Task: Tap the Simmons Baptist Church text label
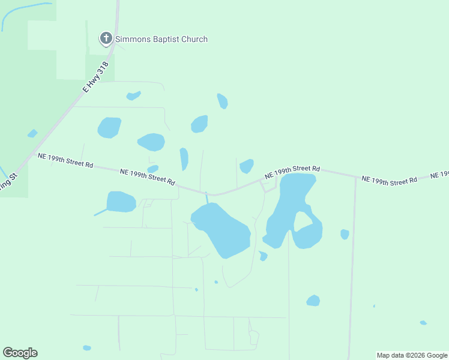point(161,40)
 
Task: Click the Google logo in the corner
point(20,353)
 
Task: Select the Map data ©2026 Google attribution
point(412,355)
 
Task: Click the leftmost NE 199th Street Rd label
point(65,160)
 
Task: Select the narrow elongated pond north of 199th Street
point(184,159)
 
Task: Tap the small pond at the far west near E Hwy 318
point(32,133)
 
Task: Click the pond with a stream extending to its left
point(121,202)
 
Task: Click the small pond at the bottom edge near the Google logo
point(87,348)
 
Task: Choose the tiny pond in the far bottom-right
point(423,323)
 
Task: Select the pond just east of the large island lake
point(345,234)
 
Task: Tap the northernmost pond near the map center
point(222,101)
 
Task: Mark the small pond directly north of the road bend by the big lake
point(246,166)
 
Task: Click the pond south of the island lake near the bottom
point(313,301)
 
